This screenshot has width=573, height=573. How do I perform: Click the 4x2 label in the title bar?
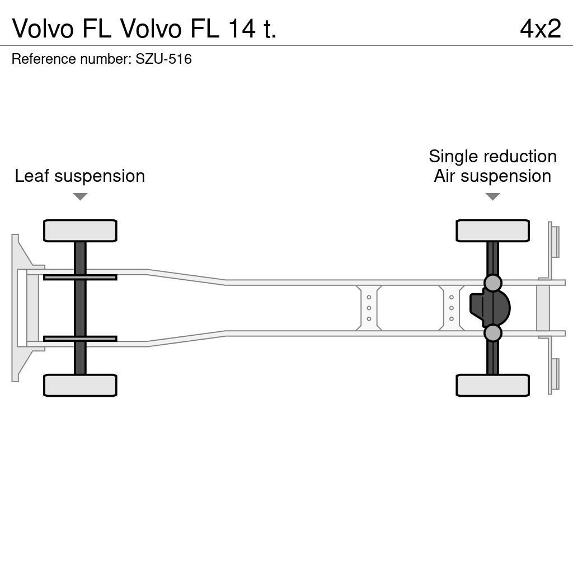pos(540,29)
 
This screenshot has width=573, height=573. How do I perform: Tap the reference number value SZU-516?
pos(163,59)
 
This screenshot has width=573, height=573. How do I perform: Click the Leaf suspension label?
pos(79,176)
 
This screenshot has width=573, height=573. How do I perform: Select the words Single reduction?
pos(492,156)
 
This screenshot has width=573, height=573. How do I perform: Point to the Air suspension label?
pos(492,176)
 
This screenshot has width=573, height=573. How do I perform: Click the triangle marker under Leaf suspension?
pos(80,196)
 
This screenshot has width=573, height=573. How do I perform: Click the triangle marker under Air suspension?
pos(492,196)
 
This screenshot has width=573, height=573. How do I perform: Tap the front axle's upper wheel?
pos(80,231)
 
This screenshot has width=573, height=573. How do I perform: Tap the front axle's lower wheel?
pos(80,385)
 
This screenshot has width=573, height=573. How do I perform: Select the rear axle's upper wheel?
pos(492,231)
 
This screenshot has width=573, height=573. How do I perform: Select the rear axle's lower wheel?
pos(492,385)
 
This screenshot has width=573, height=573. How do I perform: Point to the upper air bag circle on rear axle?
pos(492,283)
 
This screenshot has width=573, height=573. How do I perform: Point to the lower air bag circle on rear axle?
pos(492,333)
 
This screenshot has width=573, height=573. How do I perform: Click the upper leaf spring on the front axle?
pos(80,277)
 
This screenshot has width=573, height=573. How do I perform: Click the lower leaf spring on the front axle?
pos(80,339)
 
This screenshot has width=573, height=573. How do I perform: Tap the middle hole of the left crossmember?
pos(369,308)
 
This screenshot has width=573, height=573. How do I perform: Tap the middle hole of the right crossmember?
pos(451,308)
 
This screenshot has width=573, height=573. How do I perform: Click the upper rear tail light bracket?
pos(555,241)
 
